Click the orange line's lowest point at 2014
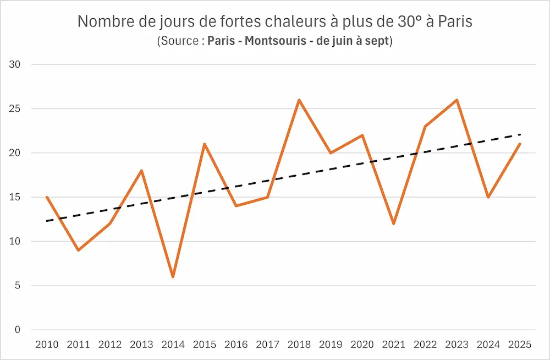173,276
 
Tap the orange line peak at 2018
299,100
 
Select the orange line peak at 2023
457,100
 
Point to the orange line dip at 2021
393,223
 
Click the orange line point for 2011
78,250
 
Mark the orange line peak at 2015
204,144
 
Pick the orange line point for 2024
488,197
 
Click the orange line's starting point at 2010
47,197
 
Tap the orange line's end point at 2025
520,144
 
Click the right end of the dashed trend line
520,134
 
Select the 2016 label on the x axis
235,345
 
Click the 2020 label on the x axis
362,345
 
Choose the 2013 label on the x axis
141,345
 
